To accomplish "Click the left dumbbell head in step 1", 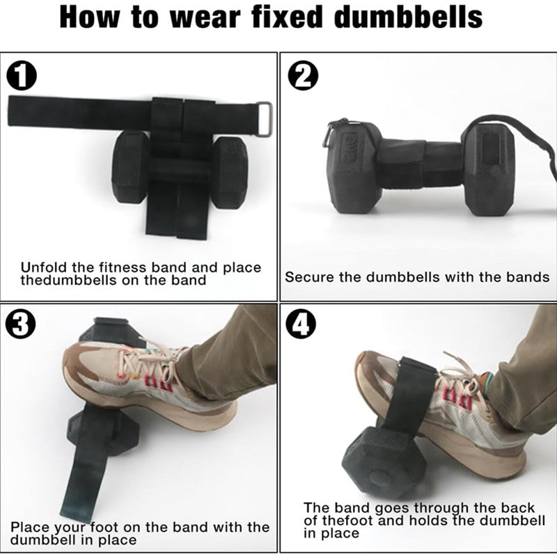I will pyautogui.click(x=131, y=168).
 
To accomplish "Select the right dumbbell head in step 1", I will pyautogui.click(x=229, y=171).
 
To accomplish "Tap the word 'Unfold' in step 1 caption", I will pyautogui.click(x=42, y=267).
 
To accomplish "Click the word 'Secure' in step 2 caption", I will pyautogui.click(x=309, y=277).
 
